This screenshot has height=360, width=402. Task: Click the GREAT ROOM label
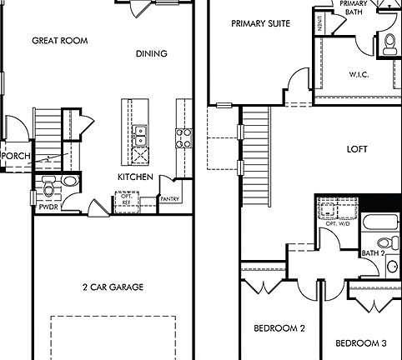(x=60, y=40)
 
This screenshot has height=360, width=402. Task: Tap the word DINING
(x=151, y=54)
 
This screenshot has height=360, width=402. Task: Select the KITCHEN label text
(x=133, y=177)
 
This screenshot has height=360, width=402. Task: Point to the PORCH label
(x=16, y=155)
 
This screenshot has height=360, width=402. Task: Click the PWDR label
(x=47, y=207)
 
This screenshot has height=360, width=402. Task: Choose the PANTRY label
(x=171, y=199)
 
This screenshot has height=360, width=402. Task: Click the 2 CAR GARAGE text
(x=113, y=287)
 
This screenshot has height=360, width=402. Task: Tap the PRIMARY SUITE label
(x=261, y=23)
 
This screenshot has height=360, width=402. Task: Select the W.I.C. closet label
(x=359, y=74)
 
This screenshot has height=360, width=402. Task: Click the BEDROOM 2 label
(x=279, y=328)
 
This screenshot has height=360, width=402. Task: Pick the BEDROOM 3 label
(x=360, y=343)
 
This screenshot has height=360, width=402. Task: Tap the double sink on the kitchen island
(x=140, y=130)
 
